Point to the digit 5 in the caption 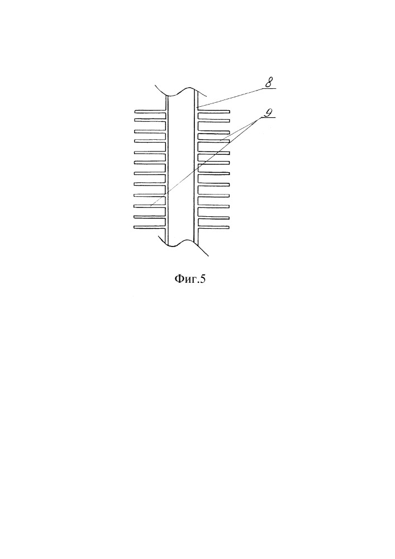[203, 278]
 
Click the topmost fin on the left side [150, 112]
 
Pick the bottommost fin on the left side [150, 227]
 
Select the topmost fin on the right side [213, 111]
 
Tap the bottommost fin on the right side [213, 227]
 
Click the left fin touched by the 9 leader [150, 206]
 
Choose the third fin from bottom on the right [213, 207]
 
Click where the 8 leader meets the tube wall [198, 107]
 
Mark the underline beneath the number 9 [269, 117]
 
